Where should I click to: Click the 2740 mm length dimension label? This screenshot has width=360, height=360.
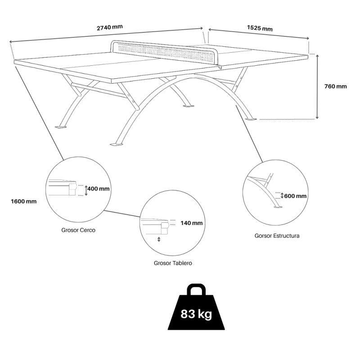point(109,27)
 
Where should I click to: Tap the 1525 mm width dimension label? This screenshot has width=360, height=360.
point(260,28)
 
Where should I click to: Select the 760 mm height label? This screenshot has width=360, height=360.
point(335,86)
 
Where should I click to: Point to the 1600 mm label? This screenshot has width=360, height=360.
point(24,201)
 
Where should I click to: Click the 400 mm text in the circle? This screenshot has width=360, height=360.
point(98,189)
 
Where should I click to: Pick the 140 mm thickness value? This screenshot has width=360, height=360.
point(192,223)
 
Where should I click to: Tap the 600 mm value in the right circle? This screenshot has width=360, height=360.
point(295,196)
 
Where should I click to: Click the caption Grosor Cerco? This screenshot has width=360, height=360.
point(78,230)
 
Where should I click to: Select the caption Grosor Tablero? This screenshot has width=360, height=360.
point(173,263)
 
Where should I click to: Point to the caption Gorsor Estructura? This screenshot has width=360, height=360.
point(277,236)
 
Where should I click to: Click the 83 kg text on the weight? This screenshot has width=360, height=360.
point(196,314)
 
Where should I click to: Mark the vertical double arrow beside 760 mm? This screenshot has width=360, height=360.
point(317,87)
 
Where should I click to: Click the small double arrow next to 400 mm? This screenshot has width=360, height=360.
point(86,190)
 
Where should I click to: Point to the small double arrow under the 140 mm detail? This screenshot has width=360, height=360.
point(159,239)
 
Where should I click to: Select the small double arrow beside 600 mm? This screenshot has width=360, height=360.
point(282,196)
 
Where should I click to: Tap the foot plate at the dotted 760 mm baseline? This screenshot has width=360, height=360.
point(251,119)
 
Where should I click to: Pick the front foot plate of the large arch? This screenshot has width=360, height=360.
point(117,144)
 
